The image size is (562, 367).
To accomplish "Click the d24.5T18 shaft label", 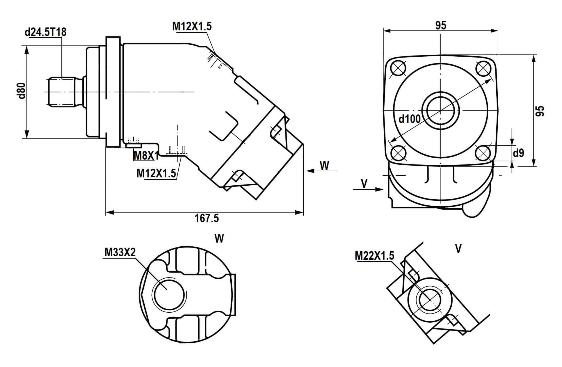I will [45, 32].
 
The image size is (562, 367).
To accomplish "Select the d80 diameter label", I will [22, 91].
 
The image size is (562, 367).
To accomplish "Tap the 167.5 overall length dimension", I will [207, 219].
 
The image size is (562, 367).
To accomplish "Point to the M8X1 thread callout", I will [146, 156].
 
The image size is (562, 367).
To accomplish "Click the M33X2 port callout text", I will [120, 252].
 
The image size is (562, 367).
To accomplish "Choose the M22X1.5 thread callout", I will [374, 255].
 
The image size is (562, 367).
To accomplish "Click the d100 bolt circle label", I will [409, 118].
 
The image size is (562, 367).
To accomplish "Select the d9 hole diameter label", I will [519, 153].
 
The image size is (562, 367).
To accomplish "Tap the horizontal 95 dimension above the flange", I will [441, 25].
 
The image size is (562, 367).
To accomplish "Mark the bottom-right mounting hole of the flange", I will [483, 153].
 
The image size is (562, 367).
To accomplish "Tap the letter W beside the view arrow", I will [324, 165].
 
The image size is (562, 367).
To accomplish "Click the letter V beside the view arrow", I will [364, 183].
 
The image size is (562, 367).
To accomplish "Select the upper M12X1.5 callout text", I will [192, 26].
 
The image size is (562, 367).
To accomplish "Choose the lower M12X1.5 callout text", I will [156, 173].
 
